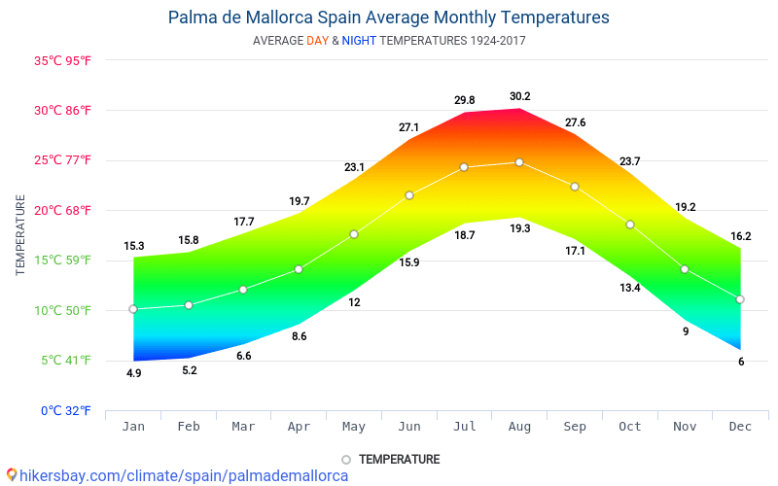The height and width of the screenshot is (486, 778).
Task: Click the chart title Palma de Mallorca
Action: point(388,17)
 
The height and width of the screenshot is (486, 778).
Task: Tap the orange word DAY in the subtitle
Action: point(318,41)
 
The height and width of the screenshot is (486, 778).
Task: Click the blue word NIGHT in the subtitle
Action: point(359,41)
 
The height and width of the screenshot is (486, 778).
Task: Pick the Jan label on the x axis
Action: point(133,427)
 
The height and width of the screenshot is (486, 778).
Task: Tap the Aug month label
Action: point(519,427)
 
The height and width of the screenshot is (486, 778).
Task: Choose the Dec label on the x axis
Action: point(740,427)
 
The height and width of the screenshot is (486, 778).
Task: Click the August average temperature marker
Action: point(519,162)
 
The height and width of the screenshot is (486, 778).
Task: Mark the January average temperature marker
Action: point(133,309)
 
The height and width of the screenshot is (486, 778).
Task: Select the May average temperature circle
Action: point(354,234)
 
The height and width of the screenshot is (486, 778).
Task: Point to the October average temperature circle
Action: point(630,225)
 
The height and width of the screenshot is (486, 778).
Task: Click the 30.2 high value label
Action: point(520,96)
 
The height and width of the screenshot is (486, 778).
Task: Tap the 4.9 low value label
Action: point(134,373)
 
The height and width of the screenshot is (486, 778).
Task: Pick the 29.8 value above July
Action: point(465,100)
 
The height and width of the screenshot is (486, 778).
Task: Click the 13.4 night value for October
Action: point(630,288)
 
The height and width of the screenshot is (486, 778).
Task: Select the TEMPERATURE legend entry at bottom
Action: point(399,459)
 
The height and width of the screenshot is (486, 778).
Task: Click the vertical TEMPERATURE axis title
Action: point(20,234)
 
